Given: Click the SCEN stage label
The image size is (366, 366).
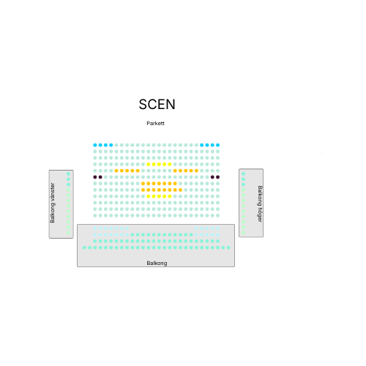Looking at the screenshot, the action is pyautogui.click(x=157, y=105).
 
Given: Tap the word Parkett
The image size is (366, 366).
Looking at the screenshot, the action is pyautogui.click(x=155, y=123).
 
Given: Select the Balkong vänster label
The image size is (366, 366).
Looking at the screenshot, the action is pyautogui.click(x=53, y=203).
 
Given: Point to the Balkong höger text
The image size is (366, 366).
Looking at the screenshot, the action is pyautogui.click(x=260, y=204).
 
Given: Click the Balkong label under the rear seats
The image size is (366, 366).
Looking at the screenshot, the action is pyautogui.click(x=157, y=263).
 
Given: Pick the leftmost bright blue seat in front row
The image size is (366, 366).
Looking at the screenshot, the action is pyautogui.click(x=95, y=145).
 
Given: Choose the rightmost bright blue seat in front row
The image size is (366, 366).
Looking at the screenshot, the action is pyautogui.click(x=217, y=145).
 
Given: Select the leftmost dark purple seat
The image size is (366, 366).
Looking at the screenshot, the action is pyautogui.click(x=95, y=177).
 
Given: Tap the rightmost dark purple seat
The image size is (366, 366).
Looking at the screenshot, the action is pyautogui.click(x=217, y=177).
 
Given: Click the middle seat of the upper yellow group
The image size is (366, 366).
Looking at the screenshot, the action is pyautogui.click(x=159, y=164).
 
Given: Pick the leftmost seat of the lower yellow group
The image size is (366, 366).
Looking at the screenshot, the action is pyautogui.click(x=149, y=196).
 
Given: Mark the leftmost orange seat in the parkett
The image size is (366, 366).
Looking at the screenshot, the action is pyautogui.click(x=116, y=171).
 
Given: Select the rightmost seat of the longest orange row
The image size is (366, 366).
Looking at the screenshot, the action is pyautogui.click(x=180, y=190).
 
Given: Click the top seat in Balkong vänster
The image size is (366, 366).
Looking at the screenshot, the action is pyautogui.click(x=68, y=173).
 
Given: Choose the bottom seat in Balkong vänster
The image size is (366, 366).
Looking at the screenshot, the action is pyautogui.click(x=68, y=233).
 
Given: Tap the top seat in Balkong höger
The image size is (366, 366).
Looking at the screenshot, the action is pyautogui.click(x=243, y=173).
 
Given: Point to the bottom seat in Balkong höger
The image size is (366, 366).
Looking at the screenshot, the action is pyautogui.click(x=243, y=233).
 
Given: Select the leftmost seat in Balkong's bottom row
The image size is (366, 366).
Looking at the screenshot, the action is pyautogui.click(x=84, y=247).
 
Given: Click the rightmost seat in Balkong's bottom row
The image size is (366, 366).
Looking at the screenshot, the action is pyautogui.click(x=228, y=247).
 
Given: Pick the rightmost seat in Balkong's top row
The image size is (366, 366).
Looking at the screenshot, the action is pyautogui.click(x=217, y=228).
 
